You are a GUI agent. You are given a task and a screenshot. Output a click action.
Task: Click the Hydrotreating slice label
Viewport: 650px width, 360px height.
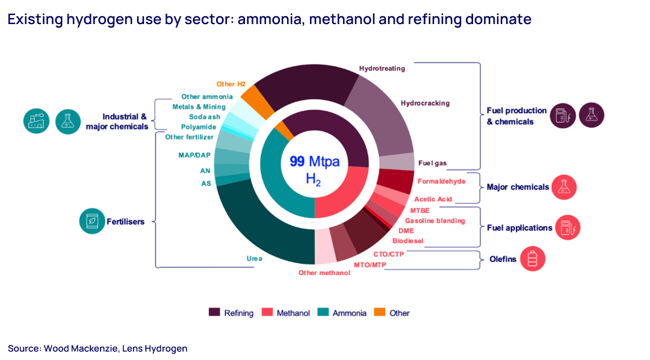pyautogui.click(x=382, y=68)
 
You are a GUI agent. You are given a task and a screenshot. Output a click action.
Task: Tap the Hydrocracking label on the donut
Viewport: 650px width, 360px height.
pyautogui.click(x=425, y=103)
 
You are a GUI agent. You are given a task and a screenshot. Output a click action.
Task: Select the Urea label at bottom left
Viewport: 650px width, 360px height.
pyautogui.click(x=254, y=258)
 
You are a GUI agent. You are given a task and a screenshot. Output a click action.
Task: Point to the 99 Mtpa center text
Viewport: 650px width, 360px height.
pyautogui.click(x=315, y=161)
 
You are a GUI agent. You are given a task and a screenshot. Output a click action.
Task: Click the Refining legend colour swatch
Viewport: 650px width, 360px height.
pyautogui.click(x=214, y=312)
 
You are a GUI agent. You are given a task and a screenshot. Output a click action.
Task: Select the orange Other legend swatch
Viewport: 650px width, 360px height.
pyautogui.click(x=380, y=312)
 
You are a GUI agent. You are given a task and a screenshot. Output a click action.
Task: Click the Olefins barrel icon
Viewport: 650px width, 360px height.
pyautogui.click(x=533, y=259)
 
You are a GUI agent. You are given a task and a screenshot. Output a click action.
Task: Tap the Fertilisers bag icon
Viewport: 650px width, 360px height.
pyautogui.click(x=92, y=221)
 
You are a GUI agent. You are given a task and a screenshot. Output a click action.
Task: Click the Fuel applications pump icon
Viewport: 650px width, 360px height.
pyautogui.click(x=567, y=228)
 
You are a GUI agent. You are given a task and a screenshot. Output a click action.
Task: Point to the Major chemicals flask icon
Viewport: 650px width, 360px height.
pyautogui.click(x=564, y=187)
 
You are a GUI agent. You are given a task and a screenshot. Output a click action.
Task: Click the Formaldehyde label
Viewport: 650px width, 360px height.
pyautogui.click(x=441, y=181)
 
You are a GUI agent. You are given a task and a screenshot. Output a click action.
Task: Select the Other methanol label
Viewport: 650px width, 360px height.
pyautogui.click(x=324, y=273)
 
